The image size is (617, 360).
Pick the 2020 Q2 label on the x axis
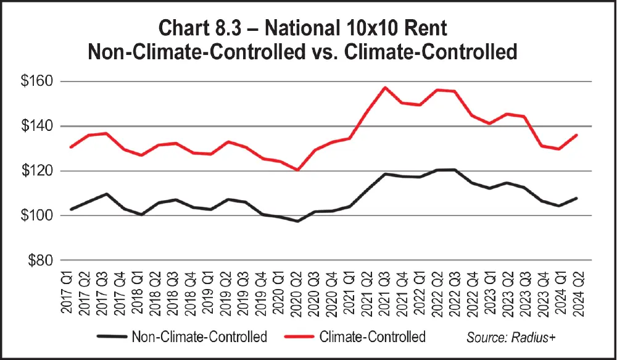(x=299, y=296)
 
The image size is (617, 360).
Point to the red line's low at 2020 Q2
(x=298, y=170)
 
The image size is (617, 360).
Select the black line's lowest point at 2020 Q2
(x=298, y=220)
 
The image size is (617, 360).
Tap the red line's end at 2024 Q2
(x=576, y=135)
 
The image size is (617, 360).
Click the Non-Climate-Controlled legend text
(x=199, y=337)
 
